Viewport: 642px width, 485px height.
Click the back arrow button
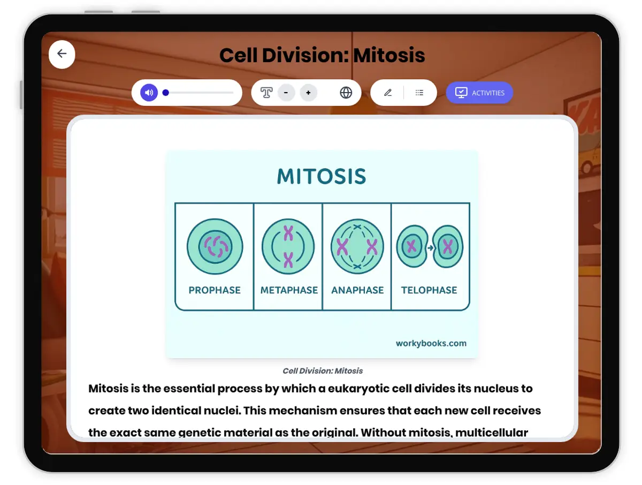62,54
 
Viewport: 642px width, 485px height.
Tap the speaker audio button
149,93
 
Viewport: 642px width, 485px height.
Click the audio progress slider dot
166,93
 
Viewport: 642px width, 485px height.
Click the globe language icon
346,93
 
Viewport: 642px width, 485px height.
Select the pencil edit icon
388,93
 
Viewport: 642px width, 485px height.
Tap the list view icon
419,93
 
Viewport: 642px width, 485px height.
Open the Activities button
479,93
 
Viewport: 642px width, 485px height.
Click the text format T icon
266,93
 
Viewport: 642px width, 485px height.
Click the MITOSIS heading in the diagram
322,176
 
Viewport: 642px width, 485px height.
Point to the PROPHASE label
215,290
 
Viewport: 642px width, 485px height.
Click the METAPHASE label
289,290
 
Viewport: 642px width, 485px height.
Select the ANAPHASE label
357,290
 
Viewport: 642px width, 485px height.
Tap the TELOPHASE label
429,290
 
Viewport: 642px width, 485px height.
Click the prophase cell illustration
215,247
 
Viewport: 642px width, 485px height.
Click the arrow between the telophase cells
430,248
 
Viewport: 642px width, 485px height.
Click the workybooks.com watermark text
431,343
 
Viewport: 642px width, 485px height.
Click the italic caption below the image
323,370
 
